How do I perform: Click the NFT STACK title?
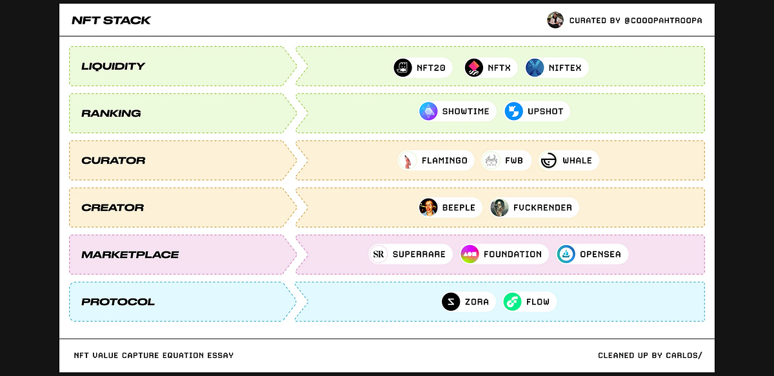[111, 21]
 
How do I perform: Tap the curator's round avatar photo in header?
[555, 20]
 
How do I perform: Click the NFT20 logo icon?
[402, 68]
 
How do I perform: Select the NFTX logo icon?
[473, 68]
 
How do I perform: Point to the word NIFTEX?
[565, 68]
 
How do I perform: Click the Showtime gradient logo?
[428, 112]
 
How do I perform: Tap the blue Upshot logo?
[513, 112]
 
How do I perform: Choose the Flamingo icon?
[408, 161]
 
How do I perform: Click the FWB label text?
[514, 161]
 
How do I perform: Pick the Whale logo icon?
[549, 161]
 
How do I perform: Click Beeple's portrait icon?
[428, 208]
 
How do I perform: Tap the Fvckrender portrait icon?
[499, 208]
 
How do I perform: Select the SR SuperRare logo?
[379, 254]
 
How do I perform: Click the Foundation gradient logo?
[470, 254]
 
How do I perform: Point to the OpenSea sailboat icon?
[566, 254]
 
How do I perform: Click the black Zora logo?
[451, 302]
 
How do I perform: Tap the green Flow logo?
[512, 302]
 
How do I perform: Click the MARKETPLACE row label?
[130, 255]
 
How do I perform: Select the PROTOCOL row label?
[118, 302]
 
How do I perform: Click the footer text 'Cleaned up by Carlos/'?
[650, 355]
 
